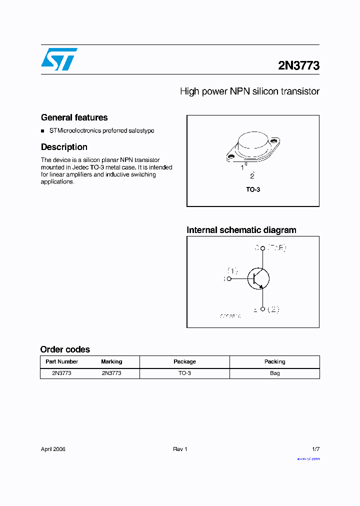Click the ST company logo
(x=59, y=59)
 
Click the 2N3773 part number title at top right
(x=298, y=65)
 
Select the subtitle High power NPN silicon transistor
(x=249, y=91)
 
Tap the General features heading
(x=74, y=117)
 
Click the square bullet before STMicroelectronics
(x=43, y=131)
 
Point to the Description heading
(x=64, y=147)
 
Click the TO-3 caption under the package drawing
(x=253, y=190)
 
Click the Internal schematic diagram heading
(x=241, y=230)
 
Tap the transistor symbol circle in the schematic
(x=258, y=278)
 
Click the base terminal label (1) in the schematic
(x=232, y=271)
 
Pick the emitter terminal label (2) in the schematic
(x=273, y=309)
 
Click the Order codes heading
(x=65, y=349)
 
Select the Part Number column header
(x=61, y=361)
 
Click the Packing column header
(x=274, y=361)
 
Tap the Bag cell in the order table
(x=274, y=373)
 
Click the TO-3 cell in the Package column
(x=184, y=373)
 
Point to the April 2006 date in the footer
(x=53, y=449)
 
